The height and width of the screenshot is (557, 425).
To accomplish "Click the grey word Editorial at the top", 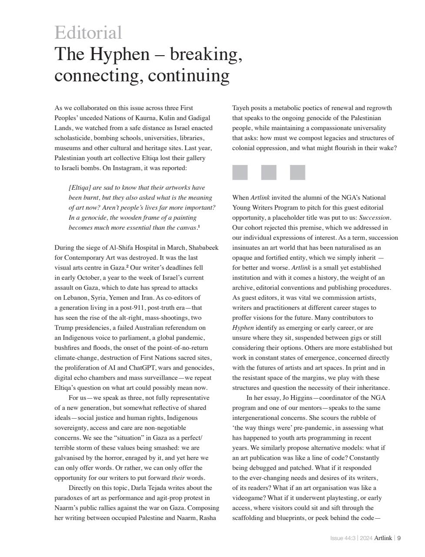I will (88, 33).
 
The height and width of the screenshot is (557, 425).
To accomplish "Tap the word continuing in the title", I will (188, 76).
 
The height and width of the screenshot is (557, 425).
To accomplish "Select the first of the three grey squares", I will (240, 172).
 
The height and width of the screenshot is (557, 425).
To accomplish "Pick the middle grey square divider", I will (268, 172).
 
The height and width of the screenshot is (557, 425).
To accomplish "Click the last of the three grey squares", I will (298, 172).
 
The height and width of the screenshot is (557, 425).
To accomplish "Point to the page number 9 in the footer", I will (399, 538).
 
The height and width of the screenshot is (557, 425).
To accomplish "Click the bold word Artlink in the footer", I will (383, 538).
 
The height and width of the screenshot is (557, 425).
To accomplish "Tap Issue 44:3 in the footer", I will (343, 538).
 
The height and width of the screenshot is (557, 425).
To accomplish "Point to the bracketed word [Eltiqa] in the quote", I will (80, 188).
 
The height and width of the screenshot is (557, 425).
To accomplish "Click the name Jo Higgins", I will (298, 398).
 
